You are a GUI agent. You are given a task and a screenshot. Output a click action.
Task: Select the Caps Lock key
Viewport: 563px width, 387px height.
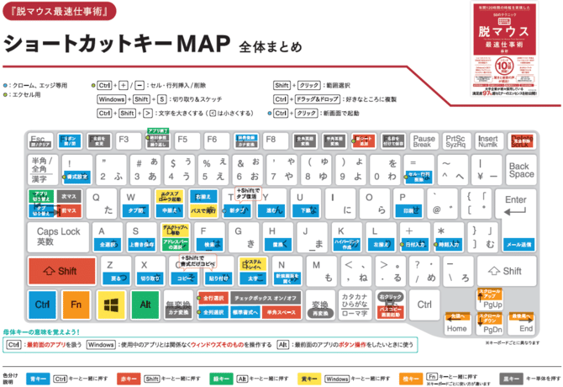pyautogui.click(x=58, y=236)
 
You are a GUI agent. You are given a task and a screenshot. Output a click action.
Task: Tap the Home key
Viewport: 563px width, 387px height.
pyautogui.click(x=457, y=324)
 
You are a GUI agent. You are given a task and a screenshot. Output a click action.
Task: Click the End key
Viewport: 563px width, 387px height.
pyautogui.click(x=526, y=324)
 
